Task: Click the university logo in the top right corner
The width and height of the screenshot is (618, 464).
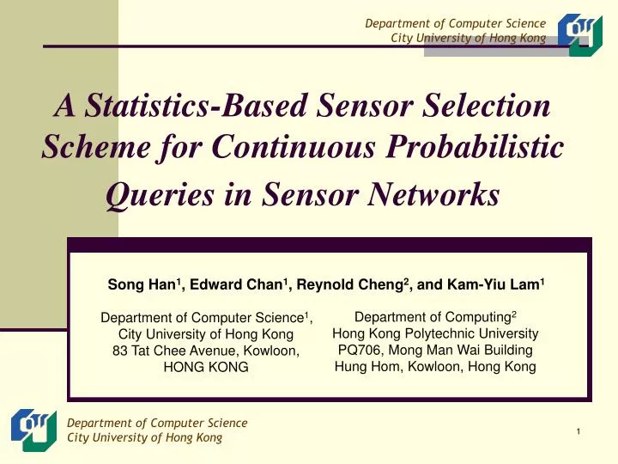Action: pos(580,34)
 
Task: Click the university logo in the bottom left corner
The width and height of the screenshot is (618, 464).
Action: pos(34,430)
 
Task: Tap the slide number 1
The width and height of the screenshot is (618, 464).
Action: pos(579,430)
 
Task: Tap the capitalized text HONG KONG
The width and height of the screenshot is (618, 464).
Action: pos(205,367)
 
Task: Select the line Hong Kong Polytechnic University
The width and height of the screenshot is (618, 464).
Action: pos(435,333)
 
